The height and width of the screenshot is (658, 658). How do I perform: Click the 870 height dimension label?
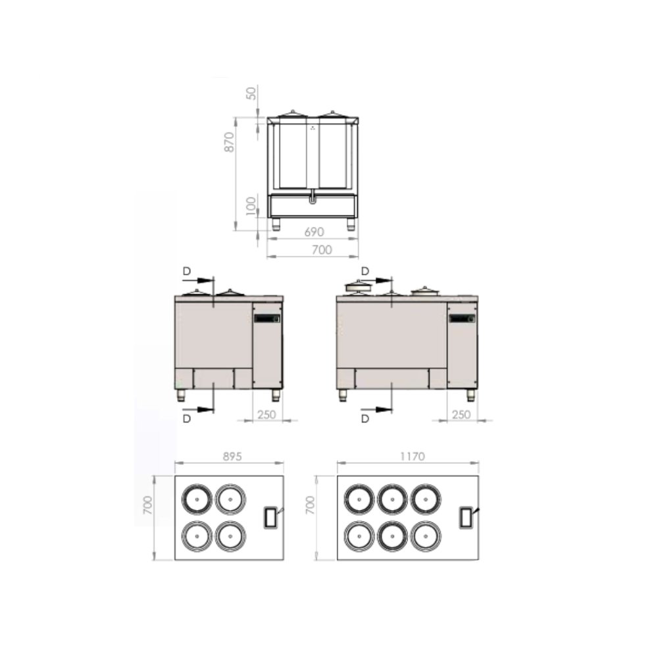click(x=229, y=142)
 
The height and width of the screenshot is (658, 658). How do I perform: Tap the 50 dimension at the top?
click(x=251, y=93)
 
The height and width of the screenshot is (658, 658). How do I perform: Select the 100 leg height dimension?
click(x=251, y=206)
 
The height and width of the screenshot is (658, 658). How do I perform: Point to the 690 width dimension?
click(x=314, y=232)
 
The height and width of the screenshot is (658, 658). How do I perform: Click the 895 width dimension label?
click(x=232, y=456)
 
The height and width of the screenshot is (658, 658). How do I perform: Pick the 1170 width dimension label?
click(x=412, y=456)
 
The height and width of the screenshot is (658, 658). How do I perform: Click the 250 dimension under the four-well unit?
click(x=266, y=415)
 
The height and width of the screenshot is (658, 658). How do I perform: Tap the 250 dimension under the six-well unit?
click(x=461, y=415)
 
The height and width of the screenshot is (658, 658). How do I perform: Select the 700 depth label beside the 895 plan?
click(x=147, y=505)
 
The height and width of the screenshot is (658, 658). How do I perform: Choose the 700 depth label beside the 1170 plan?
click(x=310, y=505)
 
